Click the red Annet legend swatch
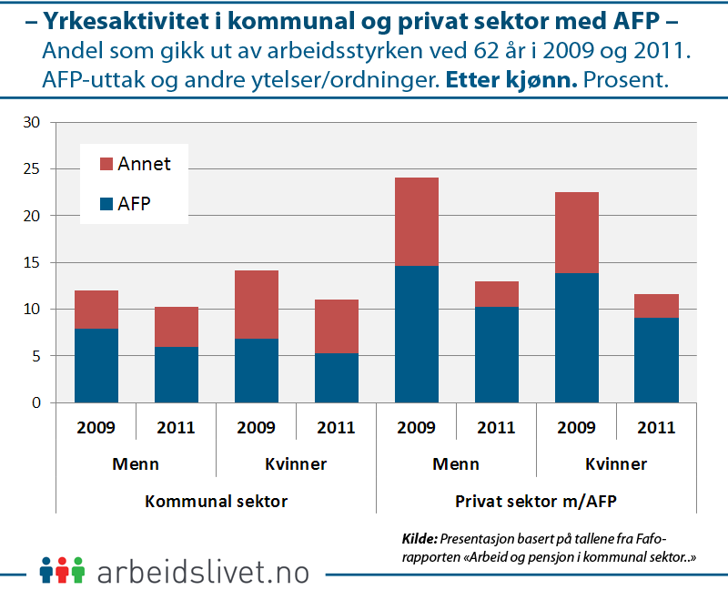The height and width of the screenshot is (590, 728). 106,165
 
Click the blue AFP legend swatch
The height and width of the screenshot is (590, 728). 106,204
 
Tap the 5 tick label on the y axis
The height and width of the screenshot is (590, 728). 37,356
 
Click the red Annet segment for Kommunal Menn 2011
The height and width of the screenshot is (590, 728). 177,327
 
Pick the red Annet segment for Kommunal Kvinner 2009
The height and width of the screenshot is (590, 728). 257,305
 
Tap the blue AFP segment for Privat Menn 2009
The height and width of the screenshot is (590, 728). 417,334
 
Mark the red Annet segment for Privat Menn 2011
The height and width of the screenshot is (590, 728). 497,294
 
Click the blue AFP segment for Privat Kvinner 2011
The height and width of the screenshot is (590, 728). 657,361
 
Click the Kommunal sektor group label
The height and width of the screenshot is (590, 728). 217,502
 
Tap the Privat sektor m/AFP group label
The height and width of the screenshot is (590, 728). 537,502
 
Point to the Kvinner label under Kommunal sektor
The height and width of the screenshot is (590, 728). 297,464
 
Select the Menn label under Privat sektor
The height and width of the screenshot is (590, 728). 457,464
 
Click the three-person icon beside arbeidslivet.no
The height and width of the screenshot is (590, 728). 62,570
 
